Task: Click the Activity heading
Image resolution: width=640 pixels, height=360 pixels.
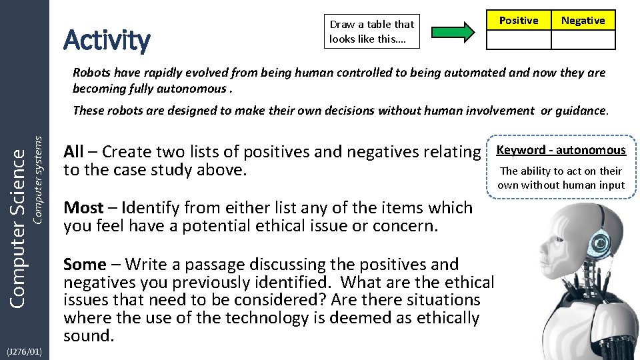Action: (107, 40)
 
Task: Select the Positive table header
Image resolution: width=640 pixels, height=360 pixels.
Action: (519, 21)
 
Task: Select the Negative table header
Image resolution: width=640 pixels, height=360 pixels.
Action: (583, 21)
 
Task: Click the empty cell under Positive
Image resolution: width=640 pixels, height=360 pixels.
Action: (519, 40)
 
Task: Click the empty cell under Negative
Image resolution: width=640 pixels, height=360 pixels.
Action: (583, 40)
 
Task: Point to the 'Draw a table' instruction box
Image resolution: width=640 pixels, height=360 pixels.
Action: (371, 31)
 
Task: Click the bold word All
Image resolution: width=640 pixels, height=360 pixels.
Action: (73, 152)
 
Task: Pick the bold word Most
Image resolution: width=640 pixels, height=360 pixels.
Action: (83, 208)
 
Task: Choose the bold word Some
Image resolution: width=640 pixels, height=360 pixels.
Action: (85, 265)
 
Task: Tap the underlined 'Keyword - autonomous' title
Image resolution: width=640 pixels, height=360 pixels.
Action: (561, 150)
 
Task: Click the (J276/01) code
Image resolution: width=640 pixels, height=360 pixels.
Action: (23, 351)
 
